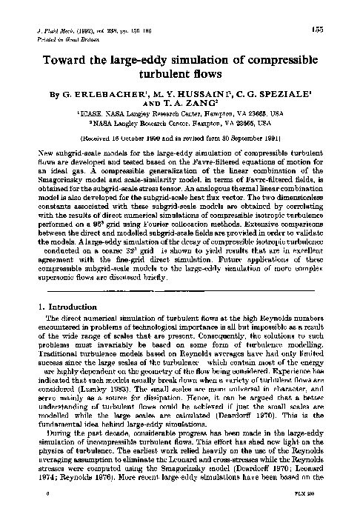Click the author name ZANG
click(202, 104)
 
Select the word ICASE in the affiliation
click(93, 114)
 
